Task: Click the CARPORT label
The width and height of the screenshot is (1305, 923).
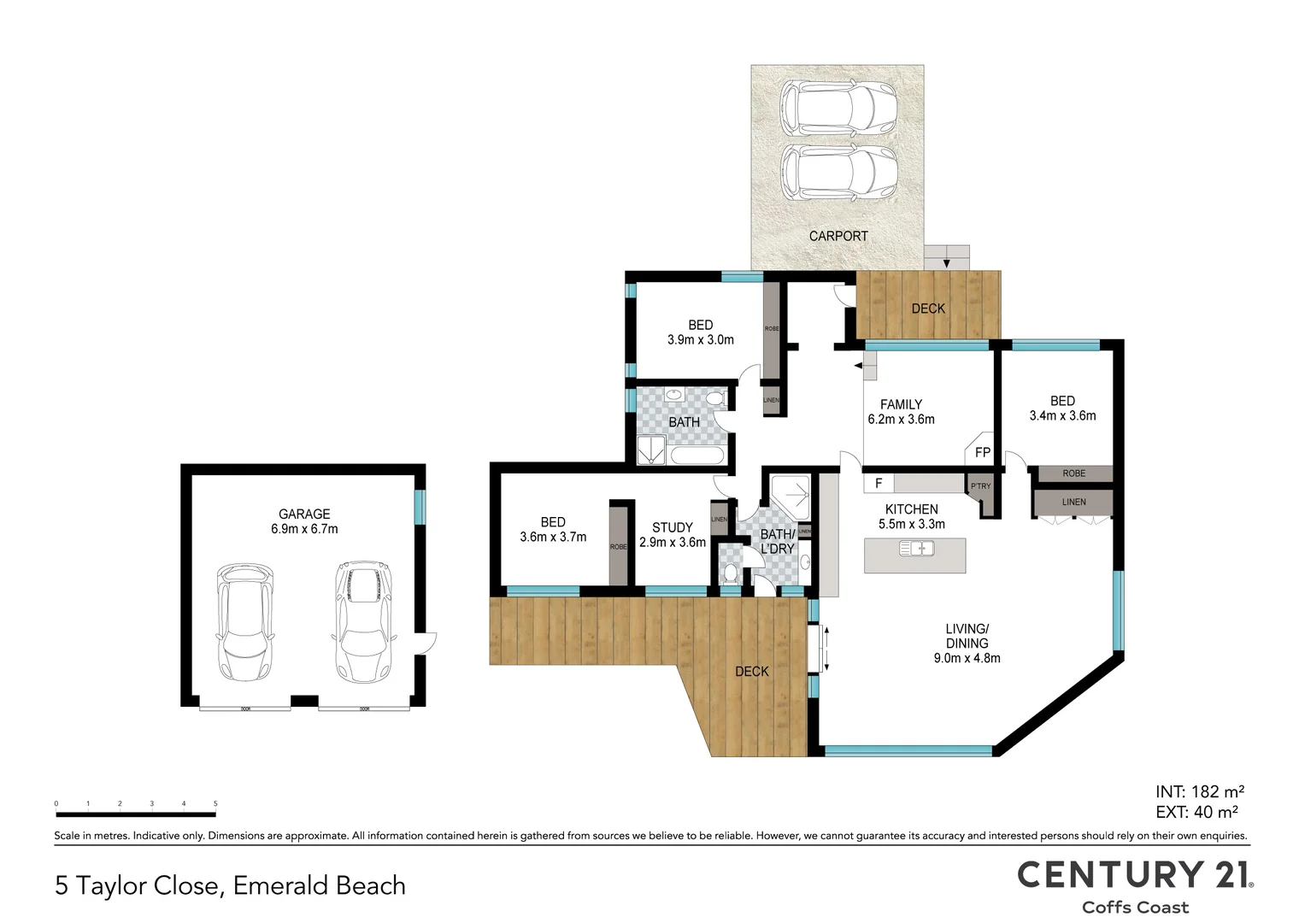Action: coord(838,236)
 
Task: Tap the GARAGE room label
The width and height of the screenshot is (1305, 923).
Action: coord(304,514)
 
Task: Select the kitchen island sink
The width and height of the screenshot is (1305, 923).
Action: coord(916,549)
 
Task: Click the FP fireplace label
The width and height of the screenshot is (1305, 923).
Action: coord(982,452)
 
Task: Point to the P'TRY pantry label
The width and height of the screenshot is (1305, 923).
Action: coord(980,486)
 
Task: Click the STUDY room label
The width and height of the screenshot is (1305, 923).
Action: coord(672,527)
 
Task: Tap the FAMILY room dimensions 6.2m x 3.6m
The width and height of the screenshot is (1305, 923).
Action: coord(901,420)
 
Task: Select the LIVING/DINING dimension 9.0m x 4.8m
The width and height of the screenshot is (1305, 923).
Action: coord(967,658)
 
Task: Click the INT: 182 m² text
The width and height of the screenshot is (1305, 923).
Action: coord(1199,791)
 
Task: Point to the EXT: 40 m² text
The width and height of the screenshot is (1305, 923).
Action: coord(1196,813)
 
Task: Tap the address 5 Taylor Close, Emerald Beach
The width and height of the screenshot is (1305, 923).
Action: coord(230,886)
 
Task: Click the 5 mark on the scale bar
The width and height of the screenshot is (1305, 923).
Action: coord(215,804)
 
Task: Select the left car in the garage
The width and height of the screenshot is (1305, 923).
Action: coord(245,620)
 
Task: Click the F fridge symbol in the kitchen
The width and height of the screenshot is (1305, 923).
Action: coord(879,485)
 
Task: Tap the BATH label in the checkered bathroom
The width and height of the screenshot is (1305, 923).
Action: coord(684,422)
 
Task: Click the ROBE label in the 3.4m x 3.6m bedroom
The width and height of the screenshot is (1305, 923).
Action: coord(1073,473)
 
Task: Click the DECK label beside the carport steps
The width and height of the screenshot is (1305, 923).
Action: coord(927,309)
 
